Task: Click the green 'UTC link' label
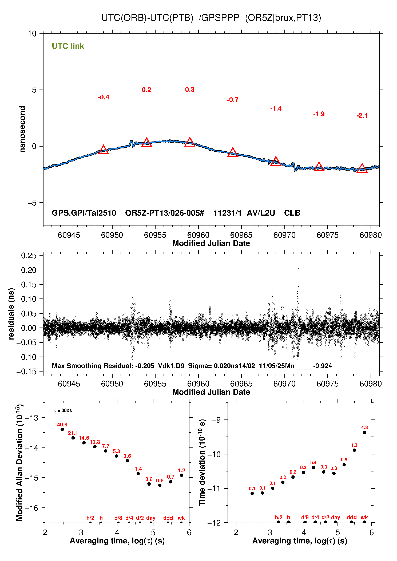pos(68,46)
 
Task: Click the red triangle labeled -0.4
pos(104,150)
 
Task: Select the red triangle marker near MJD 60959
pos(190,142)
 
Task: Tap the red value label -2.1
pos(362,116)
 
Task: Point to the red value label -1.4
pos(276,108)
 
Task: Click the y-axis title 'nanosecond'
pos(22,129)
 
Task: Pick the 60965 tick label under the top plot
pos(241,235)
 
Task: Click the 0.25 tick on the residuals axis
pos(29,256)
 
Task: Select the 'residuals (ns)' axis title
pos(11,314)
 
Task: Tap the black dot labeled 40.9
pos(62,429)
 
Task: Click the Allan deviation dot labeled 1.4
pos(138,474)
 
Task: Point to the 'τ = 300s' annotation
pos(63,410)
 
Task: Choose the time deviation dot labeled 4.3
pos(364,432)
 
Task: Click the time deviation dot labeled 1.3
pos(354,450)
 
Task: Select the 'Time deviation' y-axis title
pos(202,462)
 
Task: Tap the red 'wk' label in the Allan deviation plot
pos(181,518)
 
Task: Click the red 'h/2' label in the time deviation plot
pos(279,517)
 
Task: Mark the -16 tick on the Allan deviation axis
pos(32,508)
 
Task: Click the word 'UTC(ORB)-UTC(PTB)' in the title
pos(147,18)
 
